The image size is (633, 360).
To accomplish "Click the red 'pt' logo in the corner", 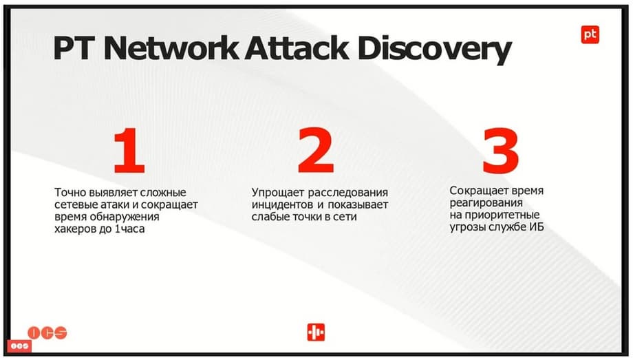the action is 590,34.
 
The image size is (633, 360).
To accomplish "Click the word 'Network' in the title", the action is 171,48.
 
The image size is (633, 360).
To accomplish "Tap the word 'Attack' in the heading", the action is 297,48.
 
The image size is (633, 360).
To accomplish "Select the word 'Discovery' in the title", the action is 434,50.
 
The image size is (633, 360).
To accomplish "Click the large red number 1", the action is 129,150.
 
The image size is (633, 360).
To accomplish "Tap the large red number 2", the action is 316,150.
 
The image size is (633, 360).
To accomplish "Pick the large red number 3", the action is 501,150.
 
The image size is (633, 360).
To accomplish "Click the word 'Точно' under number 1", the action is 70,192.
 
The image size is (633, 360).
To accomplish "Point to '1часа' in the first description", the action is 129,229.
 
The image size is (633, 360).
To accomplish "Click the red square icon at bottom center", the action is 316,332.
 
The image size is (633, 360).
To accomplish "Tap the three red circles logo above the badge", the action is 47,333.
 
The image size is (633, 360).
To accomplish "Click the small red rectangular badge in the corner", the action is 19,346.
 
